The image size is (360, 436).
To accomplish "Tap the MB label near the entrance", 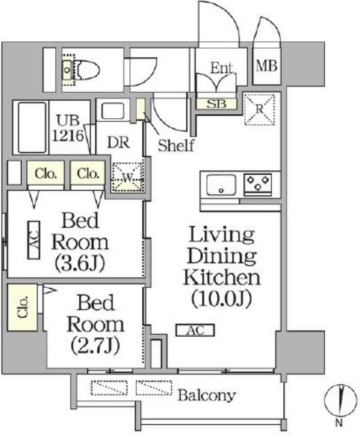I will coord(265,67).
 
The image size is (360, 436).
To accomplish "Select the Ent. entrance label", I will coord(222,68).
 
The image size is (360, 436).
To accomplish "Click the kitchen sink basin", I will coord(220,184).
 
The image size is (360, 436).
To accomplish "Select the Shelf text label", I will coord(177,144).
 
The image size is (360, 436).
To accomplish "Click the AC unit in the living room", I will coord(194,330).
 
